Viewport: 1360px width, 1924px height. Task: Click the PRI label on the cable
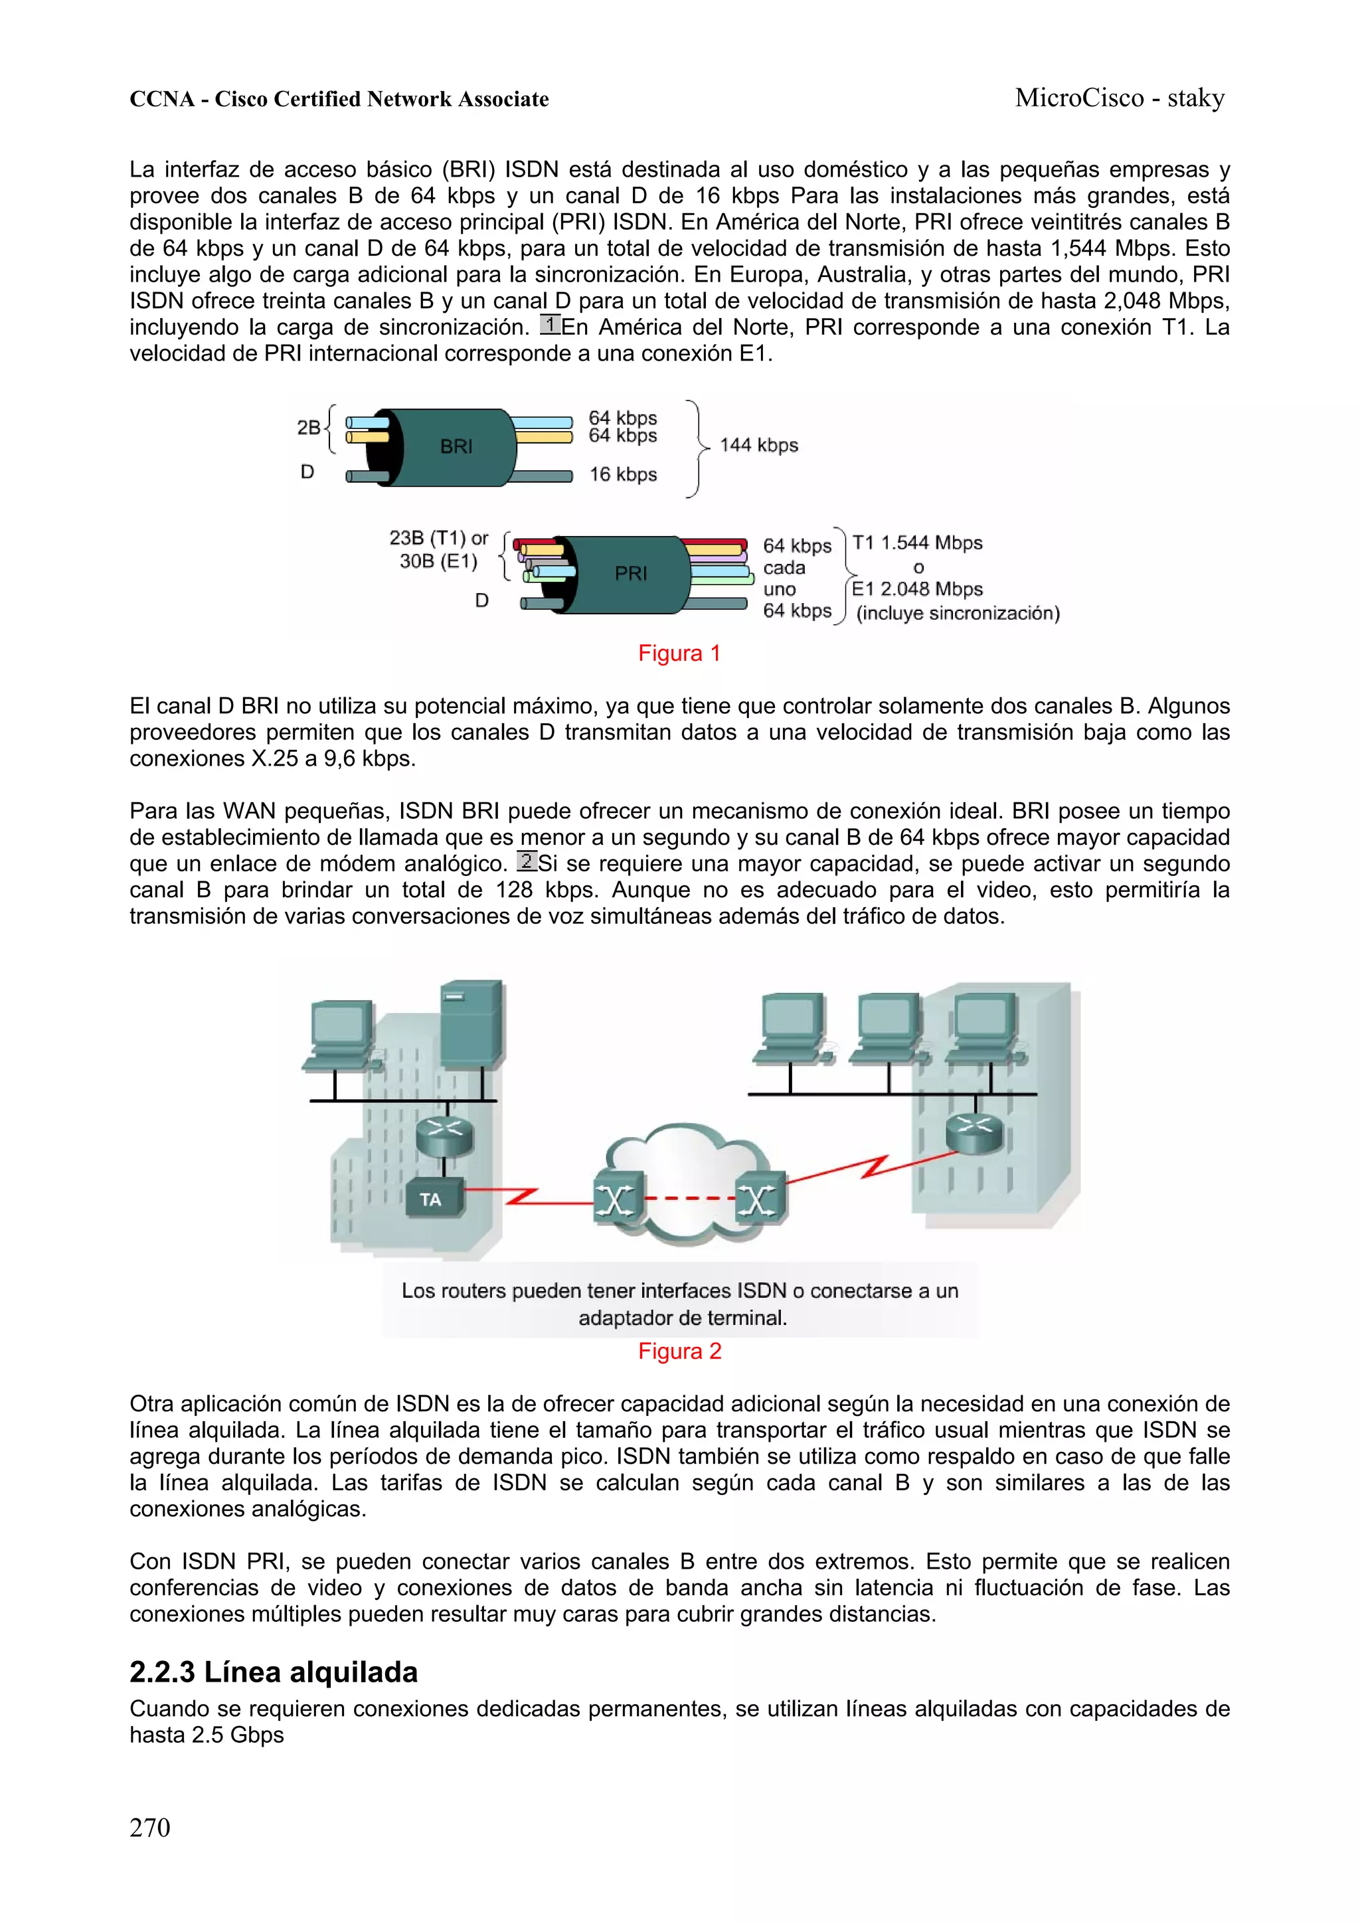coord(630,573)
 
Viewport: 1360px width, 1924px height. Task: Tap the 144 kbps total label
coord(758,445)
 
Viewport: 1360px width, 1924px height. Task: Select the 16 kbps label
coord(623,474)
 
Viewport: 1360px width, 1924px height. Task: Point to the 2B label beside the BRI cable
coord(308,427)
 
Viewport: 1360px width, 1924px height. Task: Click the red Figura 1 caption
coord(679,654)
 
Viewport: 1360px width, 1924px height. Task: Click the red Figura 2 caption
coord(679,1351)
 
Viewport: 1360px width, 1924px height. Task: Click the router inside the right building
coord(974,1133)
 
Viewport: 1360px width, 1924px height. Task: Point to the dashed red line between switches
coord(689,1198)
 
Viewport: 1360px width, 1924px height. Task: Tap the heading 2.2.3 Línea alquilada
coord(273,1672)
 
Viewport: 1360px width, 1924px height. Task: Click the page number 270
coord(150,1827)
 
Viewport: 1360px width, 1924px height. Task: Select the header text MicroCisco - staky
coord(1120,98)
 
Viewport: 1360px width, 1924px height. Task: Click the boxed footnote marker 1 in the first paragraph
coord(550,324)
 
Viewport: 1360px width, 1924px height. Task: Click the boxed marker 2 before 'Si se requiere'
coord(526,861)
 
